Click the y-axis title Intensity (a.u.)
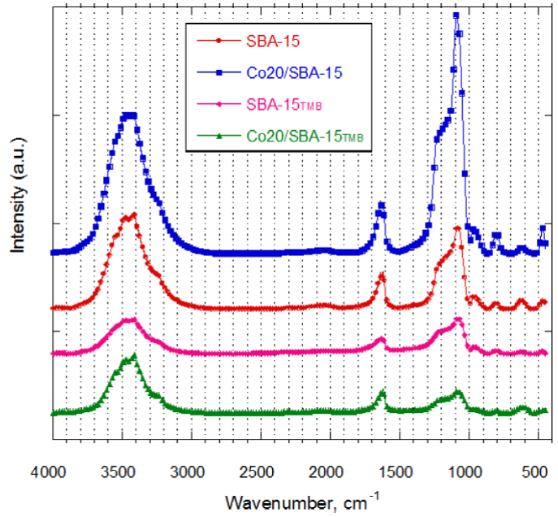point(17,206)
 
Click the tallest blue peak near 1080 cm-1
point(456,15)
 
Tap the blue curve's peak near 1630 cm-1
point(381,205)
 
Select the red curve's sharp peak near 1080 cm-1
point(457,229)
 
